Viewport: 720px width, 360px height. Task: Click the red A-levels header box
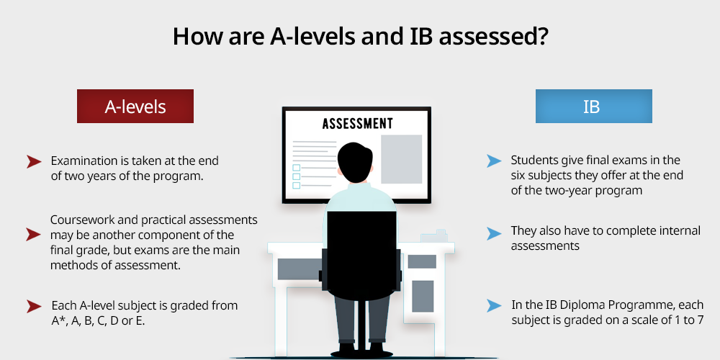pos(135,106)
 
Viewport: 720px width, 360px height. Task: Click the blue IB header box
pos(594,106)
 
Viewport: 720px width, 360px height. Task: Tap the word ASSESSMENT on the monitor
pos(357,124)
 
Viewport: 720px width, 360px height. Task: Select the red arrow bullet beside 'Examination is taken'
pos(34,161)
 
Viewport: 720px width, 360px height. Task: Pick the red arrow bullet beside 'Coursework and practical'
pos(34,234)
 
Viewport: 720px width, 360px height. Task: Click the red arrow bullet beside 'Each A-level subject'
pos(34,306)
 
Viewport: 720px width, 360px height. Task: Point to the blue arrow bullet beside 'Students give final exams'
pos(494,161)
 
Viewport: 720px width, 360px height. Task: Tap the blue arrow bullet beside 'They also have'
pos(494,233)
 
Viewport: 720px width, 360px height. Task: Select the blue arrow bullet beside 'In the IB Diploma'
pos(494,305)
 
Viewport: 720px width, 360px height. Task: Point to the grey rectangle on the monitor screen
pos(401,159)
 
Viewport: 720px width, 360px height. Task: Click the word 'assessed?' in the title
pos(492,36)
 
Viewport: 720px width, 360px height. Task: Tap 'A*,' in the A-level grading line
pos(59,321)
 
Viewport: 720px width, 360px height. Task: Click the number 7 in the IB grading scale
pos(700,320)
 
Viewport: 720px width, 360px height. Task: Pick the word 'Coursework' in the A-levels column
pos(78,220)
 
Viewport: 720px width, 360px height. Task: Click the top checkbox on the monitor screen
pos(296,168)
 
